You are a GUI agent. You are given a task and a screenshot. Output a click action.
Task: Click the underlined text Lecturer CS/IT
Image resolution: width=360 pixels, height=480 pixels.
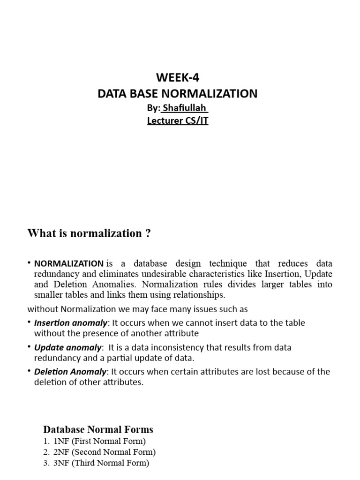click(177, 120)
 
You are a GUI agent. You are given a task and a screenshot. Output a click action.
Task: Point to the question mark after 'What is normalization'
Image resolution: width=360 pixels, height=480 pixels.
click(148, 233)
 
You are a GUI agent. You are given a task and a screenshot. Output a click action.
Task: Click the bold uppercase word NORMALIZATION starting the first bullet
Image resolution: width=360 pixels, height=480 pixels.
click(68, 263)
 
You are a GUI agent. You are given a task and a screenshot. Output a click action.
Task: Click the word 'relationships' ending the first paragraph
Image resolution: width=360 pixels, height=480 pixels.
click(200, 295)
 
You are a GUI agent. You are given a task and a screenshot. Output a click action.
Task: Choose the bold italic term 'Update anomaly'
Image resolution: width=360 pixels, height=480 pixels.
click(67, 347)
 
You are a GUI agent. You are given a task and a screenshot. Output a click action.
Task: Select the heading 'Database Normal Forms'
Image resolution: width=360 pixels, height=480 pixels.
click(98, 429)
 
